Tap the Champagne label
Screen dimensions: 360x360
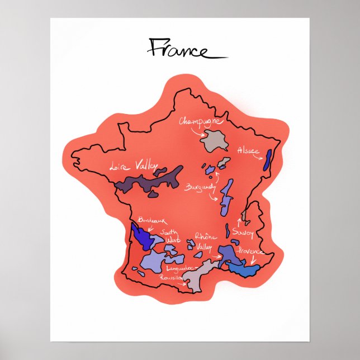(201, 121)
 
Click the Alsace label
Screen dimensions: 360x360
(249, 151)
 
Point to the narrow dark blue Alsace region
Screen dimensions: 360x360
(268, 158)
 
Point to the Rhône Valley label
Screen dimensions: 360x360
(205, 241)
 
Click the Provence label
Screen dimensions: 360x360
(250, 252)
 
